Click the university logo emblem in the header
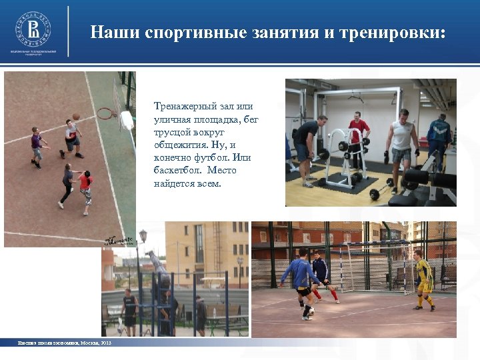[x=33, y=29]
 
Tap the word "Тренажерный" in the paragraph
[x=181, y=107]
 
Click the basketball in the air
[x=76, y=117]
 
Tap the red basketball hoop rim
[x=107, y=113]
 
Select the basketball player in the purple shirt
[x=37, y=146]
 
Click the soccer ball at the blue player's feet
[x=310, y=311]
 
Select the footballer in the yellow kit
[x=423, y=280]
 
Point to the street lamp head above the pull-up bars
[x=143, y=235]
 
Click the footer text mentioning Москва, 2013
[x=65, y=343]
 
